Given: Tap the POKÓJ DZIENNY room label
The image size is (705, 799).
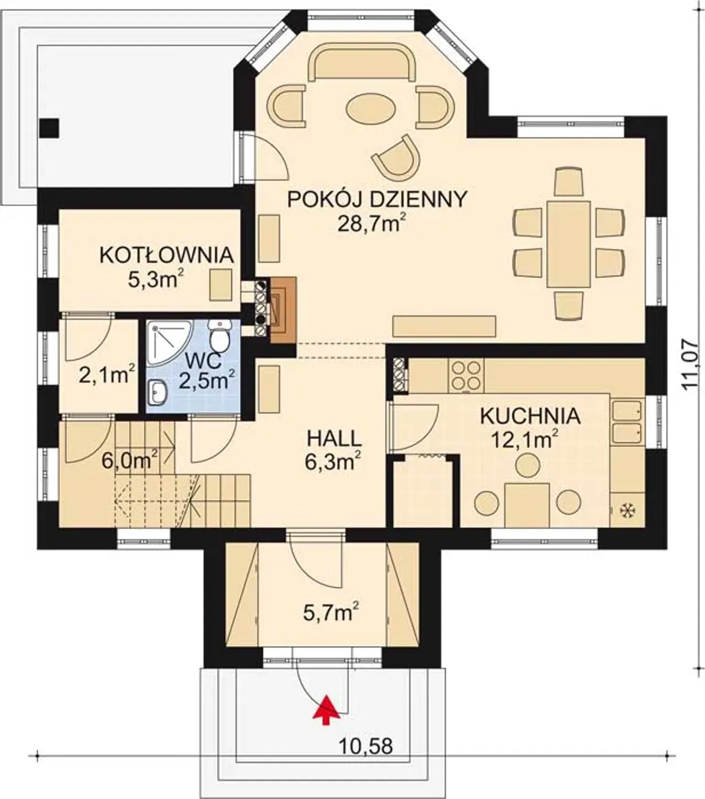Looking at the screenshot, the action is (377, 200).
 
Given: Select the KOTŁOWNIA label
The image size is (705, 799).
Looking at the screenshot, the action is (166, 255).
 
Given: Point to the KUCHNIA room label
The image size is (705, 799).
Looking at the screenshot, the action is (530, 417).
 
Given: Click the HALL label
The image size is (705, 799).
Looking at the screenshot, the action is (334, 439).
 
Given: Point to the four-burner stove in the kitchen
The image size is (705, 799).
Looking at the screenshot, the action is (466, 376).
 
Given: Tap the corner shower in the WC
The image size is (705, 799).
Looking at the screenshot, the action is (169, 342).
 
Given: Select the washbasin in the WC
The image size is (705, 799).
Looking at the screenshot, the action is (158, 392).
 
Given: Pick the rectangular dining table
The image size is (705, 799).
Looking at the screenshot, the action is (568, 244).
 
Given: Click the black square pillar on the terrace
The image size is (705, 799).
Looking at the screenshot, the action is (50, 128).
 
